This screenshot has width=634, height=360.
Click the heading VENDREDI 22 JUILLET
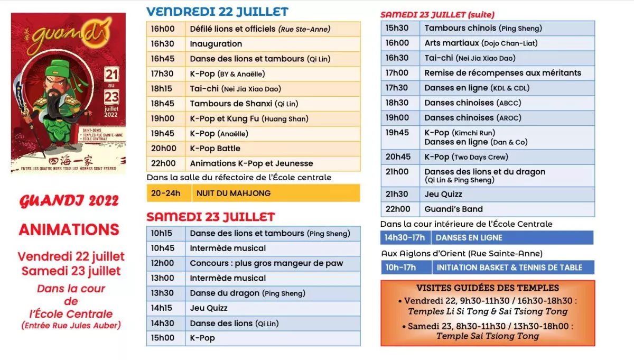[217, 12]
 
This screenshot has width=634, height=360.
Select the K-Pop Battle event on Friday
[215, 149]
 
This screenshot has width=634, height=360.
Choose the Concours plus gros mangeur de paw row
[266, 263]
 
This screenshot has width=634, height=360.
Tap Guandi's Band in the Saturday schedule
[453, 209]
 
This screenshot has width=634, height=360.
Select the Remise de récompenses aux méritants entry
[502, 73]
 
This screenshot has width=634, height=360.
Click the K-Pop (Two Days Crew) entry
[467, 157]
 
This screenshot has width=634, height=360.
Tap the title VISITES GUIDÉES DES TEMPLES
[487, 288]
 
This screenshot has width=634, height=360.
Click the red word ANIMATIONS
[69, 230]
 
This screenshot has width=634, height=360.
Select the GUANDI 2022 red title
[69, 201]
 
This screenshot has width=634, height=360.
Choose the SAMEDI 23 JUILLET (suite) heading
[437, 15]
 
